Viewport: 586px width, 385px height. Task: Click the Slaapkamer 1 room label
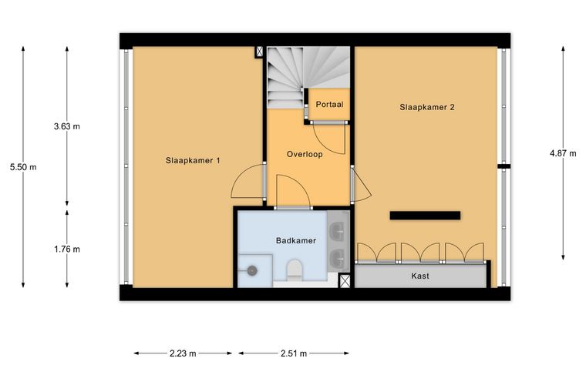coord(193,161)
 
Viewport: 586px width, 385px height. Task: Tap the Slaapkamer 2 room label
coord(427,108)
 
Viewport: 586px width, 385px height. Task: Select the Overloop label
coord(305,154)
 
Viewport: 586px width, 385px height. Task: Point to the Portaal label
coord(329,105)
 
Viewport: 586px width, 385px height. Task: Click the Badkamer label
coord(296,240)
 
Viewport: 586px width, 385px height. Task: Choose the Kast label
coord(420,276)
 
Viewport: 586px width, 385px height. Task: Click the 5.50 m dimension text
coord(23,167)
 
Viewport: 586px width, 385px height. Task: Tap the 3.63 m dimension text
coord(67,126)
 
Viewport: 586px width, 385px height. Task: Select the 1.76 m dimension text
coord(67,249)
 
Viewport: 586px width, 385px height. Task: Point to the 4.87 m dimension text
coord(563,153)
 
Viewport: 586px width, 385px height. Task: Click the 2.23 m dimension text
coord(183,353)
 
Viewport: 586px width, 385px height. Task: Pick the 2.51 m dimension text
coord(294,353)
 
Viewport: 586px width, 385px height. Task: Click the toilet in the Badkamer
coord(294,269)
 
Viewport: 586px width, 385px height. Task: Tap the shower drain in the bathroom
coord(252,270)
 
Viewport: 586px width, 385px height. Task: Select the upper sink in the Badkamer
coord(338,230)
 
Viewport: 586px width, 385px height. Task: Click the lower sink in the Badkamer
coord(338,257)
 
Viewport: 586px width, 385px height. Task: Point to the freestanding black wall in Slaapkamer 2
coord(425,216)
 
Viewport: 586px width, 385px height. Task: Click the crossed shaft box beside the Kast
coord(345,280)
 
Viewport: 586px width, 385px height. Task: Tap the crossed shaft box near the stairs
coord(259,52)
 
